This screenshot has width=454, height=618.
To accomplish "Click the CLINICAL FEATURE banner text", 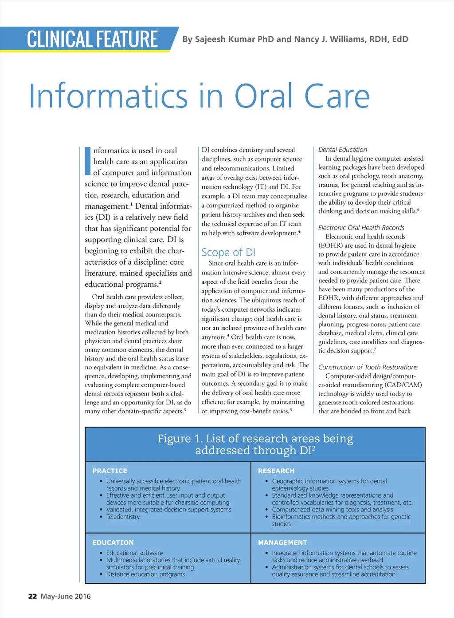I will (x=92, y=39).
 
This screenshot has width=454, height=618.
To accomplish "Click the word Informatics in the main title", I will (x=109, y=96).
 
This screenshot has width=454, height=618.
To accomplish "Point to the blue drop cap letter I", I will (x=88, y=161).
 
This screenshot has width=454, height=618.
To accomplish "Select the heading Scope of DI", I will (x=228, y=252).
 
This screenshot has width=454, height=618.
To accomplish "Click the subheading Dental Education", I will (x=343, y=150).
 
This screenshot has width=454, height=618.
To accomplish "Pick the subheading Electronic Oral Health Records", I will (x=361, y=228).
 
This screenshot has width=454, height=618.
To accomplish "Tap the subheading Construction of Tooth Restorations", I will (x=368, y=367).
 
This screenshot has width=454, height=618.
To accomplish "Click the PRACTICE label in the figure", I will (x=110, y=471).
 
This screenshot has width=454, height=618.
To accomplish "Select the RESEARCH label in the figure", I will (x=276, y=471).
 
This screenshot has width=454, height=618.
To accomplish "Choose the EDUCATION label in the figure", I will (x=113, y=543).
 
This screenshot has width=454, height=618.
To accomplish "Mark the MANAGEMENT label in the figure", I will (x=282, y=543).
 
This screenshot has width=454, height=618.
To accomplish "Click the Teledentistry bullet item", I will (x=123, y=517).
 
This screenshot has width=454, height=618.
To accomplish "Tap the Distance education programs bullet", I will (x=145, y=574).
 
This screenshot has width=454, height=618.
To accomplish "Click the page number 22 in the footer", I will (x=32, y=596).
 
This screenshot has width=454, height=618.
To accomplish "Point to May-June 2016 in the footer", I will (x=66, y=596).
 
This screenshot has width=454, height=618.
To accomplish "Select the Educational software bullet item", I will (x=134, y=553).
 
